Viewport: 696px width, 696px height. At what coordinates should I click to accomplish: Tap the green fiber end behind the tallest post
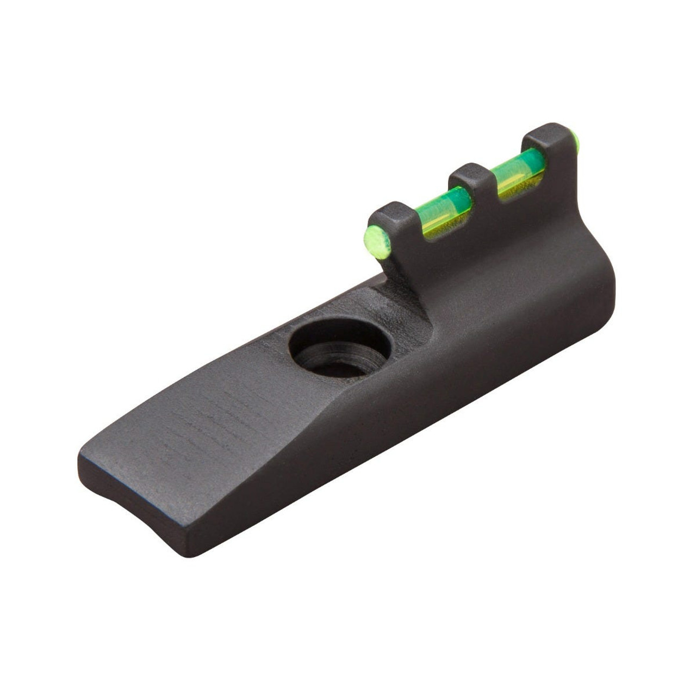(x=578, y=142)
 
